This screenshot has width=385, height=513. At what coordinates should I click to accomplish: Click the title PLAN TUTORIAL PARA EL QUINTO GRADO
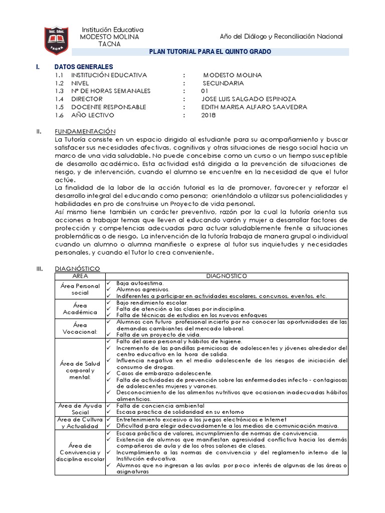pos(211,52)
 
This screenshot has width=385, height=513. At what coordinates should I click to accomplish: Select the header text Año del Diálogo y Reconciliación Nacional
pos(281,37)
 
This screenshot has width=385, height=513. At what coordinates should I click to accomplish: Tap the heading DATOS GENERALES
pos(83,67)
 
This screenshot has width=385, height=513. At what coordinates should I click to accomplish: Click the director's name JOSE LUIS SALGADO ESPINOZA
pos(248,99)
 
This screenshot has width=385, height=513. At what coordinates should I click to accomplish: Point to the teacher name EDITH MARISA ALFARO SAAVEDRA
pos(254,107)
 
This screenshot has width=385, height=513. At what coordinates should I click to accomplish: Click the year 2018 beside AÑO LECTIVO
pos(208,115)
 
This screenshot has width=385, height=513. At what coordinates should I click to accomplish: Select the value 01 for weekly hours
pos(204,91)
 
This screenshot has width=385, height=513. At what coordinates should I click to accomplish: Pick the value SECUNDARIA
pos(223,83)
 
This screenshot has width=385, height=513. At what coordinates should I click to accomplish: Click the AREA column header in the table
pos(80,276)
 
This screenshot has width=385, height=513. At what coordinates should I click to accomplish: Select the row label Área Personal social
pos(80,290)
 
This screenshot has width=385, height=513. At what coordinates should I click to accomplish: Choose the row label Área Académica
pos(80,309)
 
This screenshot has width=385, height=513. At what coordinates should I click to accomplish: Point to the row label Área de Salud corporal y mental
pos(80,370)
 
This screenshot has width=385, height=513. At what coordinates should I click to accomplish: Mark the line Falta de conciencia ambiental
pos(160,405)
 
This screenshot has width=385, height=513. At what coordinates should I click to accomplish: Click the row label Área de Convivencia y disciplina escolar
pos(80,452)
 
